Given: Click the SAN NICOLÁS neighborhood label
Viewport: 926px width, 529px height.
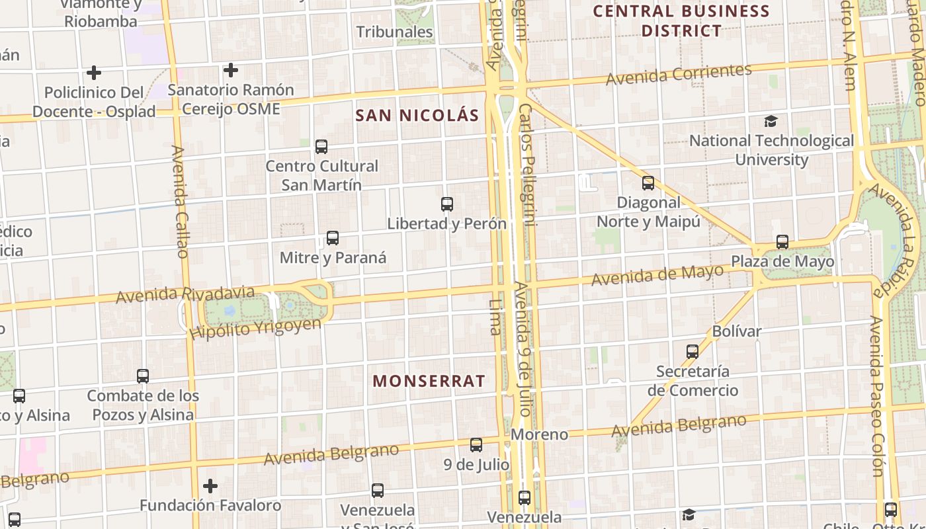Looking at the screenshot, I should coord(417,115).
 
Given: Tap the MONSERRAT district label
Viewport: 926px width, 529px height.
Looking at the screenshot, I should coord(429,381).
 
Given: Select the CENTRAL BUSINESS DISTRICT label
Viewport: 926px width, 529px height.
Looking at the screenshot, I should coord(681,20).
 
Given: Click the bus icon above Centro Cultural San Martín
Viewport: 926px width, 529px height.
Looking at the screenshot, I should coord(321,147).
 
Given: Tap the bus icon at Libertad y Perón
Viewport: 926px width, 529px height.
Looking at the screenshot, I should coord(447,204).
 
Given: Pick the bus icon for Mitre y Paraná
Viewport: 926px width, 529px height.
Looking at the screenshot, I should coord(333,238).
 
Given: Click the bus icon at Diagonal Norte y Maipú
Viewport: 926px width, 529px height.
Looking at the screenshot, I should coord(648,183).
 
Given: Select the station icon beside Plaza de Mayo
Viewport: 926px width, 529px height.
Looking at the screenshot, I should coord(782,242).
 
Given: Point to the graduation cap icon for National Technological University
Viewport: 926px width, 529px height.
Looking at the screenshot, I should coord(771,121).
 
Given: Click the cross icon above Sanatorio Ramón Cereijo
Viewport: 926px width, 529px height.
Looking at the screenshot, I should coord(230,70).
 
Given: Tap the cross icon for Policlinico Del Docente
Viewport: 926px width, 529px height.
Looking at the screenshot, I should coord(94,72).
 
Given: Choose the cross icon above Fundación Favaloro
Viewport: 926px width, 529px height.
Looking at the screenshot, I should coord(210,487).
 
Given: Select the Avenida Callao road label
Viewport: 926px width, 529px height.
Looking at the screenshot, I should coord(179,202).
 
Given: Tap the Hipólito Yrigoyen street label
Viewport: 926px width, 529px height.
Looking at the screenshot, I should coord(255,329).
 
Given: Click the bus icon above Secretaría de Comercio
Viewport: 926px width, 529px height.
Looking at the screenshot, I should coord(693,352).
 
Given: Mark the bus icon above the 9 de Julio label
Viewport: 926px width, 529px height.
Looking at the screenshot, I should coord(476,445).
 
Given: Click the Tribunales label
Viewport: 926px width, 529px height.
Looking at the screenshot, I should coord(394,32).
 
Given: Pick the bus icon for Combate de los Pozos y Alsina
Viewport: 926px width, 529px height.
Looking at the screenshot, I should coord(143,376).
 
